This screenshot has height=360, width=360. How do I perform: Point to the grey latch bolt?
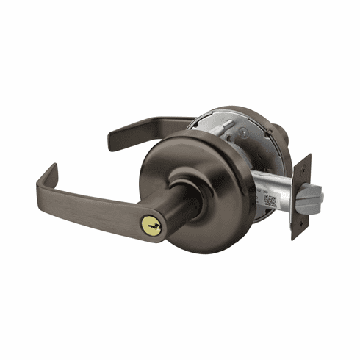click(311, 195)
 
